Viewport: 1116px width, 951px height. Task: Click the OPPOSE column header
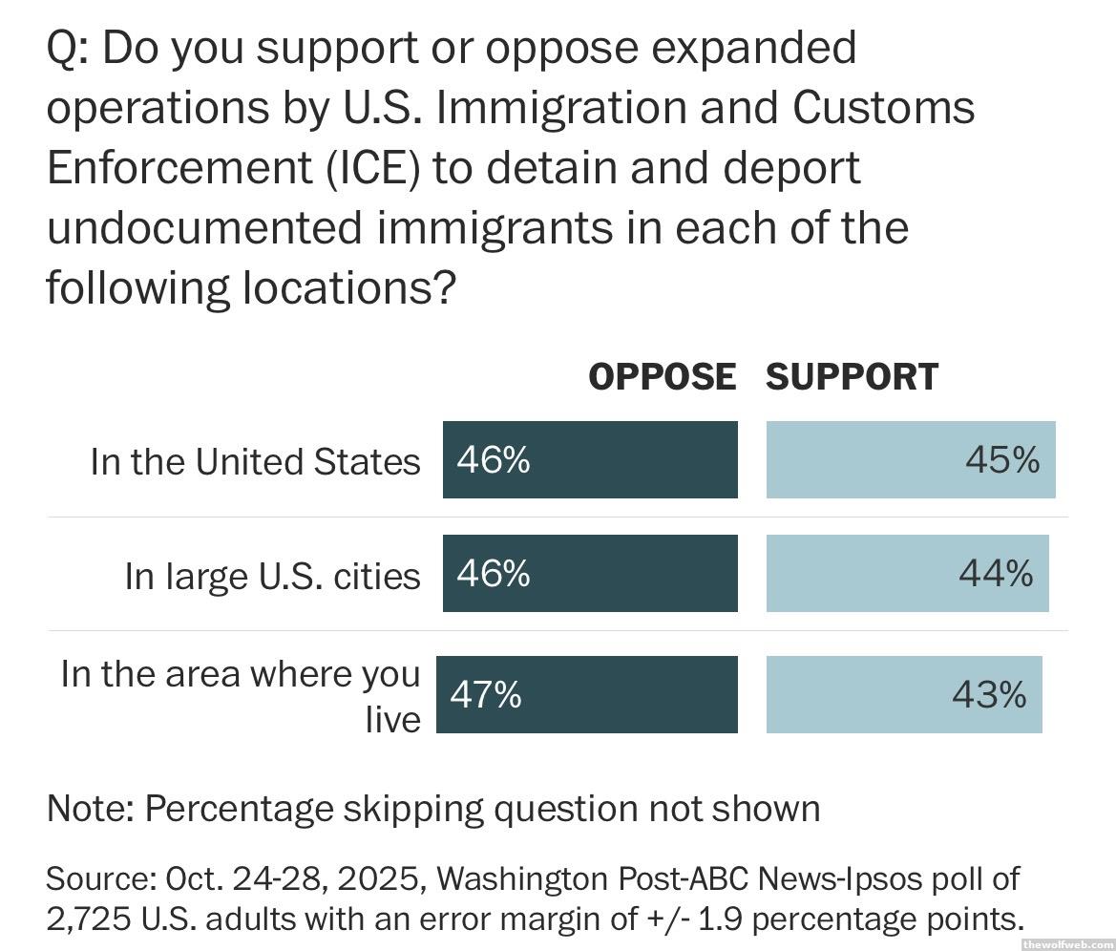[x=662, y=377]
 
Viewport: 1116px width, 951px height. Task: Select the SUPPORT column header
[x=852, y=377]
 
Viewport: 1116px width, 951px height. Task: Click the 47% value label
[x=486, y=694]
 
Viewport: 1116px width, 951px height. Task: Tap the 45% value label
[x=1001, y=460]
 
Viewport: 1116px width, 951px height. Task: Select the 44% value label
[x=996, y=574]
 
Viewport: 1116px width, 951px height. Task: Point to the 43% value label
[x=989, y=694]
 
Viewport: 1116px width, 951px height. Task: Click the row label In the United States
[x=255, y=461]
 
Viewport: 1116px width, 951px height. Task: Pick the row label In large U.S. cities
[x=272, y=576]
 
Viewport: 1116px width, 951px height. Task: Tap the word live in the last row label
[x=392, y=719]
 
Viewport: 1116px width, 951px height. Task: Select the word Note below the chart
[x=90, y=809]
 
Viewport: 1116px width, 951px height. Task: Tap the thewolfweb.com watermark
[x=1066, y=943]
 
